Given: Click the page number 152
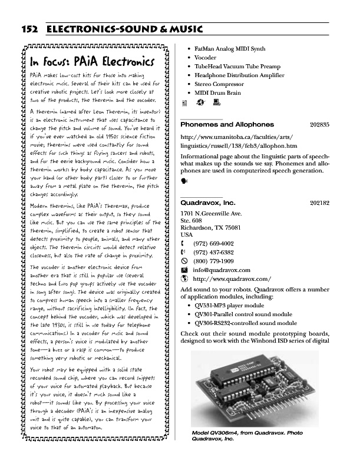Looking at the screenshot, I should (31, 29).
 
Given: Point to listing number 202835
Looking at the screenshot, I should (319, 125).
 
